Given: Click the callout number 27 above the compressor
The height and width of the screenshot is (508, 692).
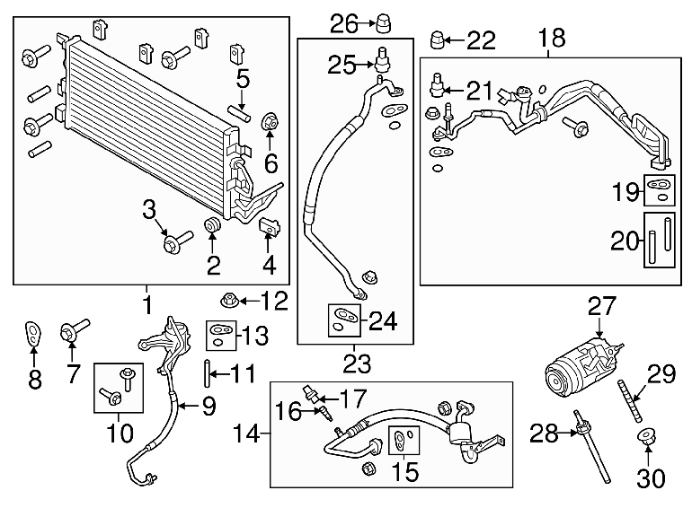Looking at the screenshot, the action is (601, 306).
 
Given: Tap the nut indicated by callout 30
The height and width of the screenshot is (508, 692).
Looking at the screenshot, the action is (647, 437).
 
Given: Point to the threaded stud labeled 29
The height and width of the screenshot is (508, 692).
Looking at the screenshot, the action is (630, 400).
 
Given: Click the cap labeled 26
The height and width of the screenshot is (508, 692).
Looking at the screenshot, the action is (383, 23).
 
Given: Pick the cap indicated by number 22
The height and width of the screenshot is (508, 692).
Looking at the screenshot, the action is (438, 39).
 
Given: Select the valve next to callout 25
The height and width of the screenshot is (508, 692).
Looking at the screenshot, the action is (382, 59).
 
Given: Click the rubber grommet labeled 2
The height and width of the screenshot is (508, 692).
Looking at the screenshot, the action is (212, 225).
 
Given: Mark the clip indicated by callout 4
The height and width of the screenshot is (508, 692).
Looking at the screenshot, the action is (270, 227).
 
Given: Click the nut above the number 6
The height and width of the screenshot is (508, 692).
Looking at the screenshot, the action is (270, 122).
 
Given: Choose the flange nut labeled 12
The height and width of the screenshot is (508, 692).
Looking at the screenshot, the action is (229, 302).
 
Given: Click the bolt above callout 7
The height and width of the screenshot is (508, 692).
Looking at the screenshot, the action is (74, 330).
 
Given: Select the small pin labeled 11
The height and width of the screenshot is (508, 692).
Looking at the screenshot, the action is (206, 374).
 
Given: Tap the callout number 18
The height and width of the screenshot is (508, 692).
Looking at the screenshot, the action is (552, 38).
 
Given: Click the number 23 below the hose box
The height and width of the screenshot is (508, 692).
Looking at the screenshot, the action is (357, 363).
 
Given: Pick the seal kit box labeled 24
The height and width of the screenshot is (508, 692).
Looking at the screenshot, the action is (344, 320).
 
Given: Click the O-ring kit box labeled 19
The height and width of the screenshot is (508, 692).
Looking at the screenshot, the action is (660, 190).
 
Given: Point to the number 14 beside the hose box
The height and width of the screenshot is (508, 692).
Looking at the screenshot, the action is (247, 434).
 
